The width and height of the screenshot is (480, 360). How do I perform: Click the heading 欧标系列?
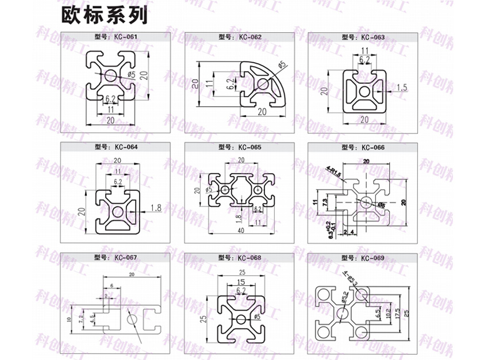[x=105, y=15]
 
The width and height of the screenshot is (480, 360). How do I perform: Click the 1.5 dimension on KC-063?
[x=401, y=87]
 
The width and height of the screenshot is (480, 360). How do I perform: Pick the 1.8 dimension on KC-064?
[x=155, y=208]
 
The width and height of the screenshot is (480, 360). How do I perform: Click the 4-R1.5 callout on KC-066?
[x=334, y=171]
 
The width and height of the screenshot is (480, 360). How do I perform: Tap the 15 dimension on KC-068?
[x=240, y=281]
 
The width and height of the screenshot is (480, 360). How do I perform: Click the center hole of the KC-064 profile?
[x=118, y=211]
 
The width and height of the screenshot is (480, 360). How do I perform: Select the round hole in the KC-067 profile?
[x=131, y=317]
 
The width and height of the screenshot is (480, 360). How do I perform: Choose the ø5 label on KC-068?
[x=256, y=316]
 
